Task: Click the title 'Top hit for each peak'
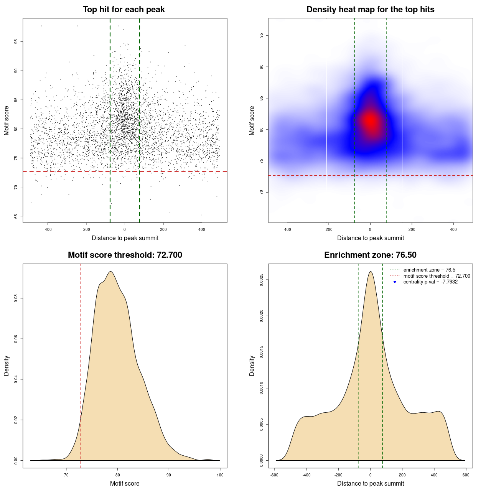pyautogui.click(x=124, y=10)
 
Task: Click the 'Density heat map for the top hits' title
pyautogui.click(x=370, y=10)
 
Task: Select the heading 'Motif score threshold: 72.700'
pyautogui.click(x=125, y=255)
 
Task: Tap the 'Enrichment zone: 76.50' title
pyautogui.click(x=370, y=255)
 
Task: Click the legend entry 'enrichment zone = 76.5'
pyautogui.click(x=429, y=270)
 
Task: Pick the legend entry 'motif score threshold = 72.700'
pyautogui.click(x=437, y=276)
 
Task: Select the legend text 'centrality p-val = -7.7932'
pyautogui.click(x=430, y=282)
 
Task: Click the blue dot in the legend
pyautogui.click(x=395, y=282)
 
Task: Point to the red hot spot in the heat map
pyautogui.click(x=371, y=120)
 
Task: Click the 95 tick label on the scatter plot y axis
pyautogui.click(x=16, y=41)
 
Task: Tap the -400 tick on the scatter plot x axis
pyautogui.click(x=48, y=230)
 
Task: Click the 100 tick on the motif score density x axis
pyautogui.click(x=220, y=475)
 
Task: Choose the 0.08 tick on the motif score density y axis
pyautogui.click(x=16, y=298)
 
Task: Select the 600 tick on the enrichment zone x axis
pyautogui.click(x=466, y=475)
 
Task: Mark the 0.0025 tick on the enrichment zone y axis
pyautogui.click(x=261, y=280)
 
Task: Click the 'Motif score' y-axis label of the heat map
pyautogui.click(x=252, y=120)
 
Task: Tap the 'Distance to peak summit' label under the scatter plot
pyautogui.click(x=125, y=238)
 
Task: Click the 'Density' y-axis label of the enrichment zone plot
pyautogui.click(x=252, y=366)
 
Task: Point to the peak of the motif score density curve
pyautogui.click(x=110, y=272)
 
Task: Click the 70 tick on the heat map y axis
pyautogui.click(x=261, y=192)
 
